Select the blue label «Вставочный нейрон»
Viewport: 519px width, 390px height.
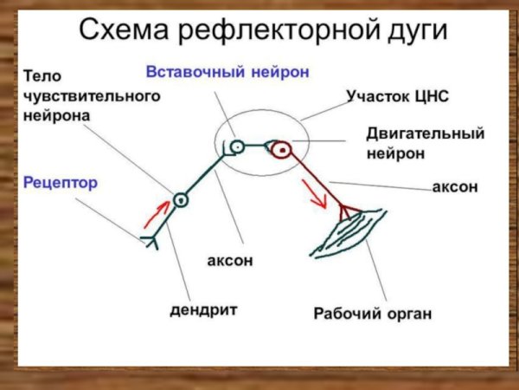click(227, 72)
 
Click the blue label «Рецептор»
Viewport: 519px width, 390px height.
click(61, 183)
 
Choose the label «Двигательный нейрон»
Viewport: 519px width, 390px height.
click(425, 143)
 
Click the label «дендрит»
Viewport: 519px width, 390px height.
click(203, 309)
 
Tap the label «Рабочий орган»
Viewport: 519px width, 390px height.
click(371, 311)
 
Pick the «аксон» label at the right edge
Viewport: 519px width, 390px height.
click(455, 187)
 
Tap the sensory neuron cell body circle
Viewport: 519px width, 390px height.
click(180, 200)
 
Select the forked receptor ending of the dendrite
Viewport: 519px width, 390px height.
click(151, 240)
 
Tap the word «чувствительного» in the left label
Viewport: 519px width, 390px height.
click(92, 95)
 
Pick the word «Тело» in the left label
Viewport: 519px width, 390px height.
click(41, 76)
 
